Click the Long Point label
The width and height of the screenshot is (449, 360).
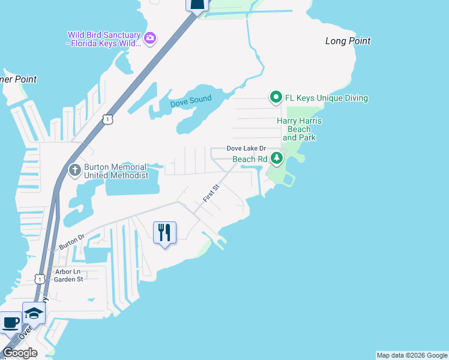pos(348,41)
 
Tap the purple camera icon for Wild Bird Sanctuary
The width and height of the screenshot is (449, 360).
pos(150,39)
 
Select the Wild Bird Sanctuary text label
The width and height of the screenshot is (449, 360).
pos(104,39)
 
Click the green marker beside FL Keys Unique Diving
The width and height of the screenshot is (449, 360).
pos(276,97)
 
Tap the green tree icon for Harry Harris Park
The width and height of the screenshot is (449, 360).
pos(277,159)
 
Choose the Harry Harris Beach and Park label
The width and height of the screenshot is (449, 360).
pos(299,129)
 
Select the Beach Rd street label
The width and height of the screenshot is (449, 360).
pos(249,159)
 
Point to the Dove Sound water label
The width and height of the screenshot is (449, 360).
pos(191,103)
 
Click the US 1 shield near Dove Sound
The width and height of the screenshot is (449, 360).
pos(107,120)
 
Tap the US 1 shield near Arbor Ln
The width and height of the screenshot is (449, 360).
pos(39,278)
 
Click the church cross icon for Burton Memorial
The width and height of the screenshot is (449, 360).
pos(75,170)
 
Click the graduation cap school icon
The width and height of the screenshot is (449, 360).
pos(34,313)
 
